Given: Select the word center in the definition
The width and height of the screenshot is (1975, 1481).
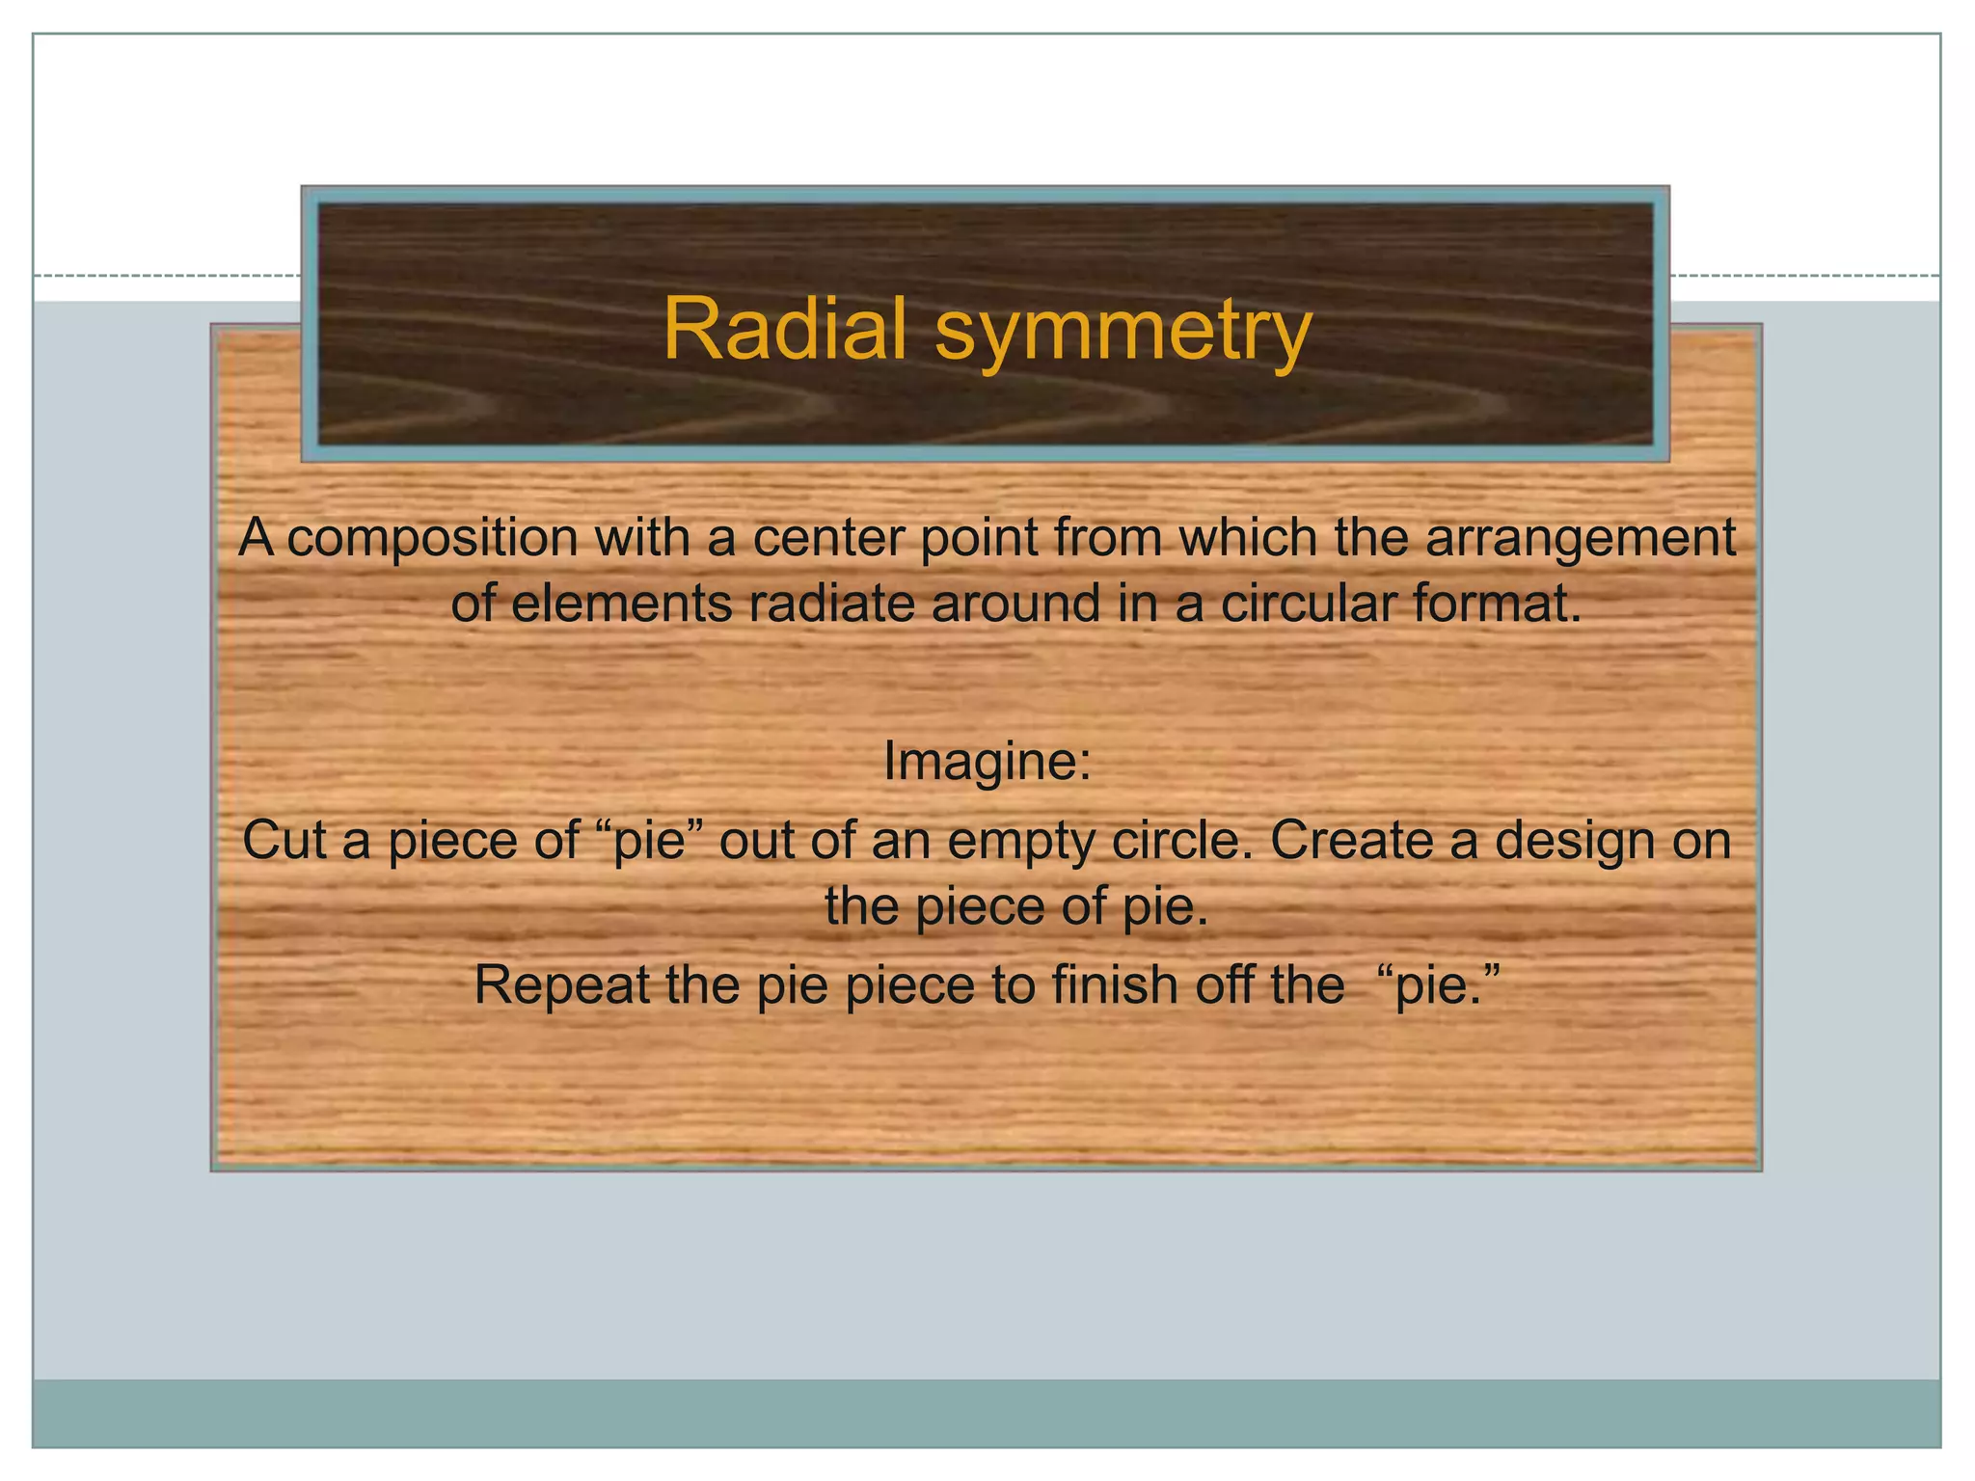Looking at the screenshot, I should pyautogui.click(x=827, y=537).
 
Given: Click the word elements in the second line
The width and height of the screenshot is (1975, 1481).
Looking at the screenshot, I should pyautogui.click(x=622, y=605).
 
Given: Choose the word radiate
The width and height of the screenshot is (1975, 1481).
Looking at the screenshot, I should pyautogui.click(x=830, y=605).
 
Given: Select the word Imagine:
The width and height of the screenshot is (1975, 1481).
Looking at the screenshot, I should pyautogui.click(x=987, y=762).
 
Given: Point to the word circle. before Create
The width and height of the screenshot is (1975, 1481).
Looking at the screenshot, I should pyautogui.click(x=1183, y=840).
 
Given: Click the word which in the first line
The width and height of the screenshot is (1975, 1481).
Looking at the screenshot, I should pyautogui.click(x=1249, y=537).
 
